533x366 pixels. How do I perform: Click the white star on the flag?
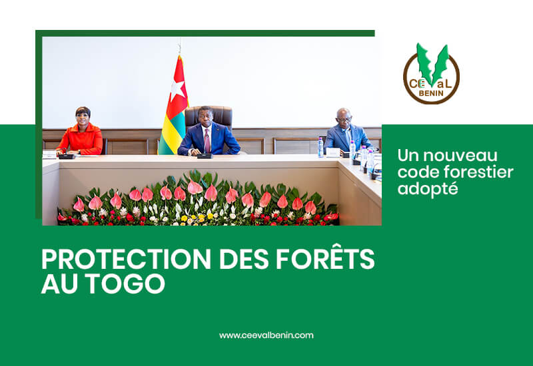click(178, 91)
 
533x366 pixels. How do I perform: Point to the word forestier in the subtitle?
click(479, 172)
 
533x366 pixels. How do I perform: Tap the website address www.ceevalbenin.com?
click(266, 335)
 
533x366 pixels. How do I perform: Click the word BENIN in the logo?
click(431, 93)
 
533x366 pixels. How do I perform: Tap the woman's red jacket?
click(81, 139)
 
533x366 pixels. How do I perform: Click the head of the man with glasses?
click(344, 118)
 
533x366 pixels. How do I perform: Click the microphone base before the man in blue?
click(205, 156)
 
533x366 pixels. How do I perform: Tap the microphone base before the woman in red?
click(67, 156)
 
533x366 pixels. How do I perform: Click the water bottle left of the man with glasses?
click(320, 147)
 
